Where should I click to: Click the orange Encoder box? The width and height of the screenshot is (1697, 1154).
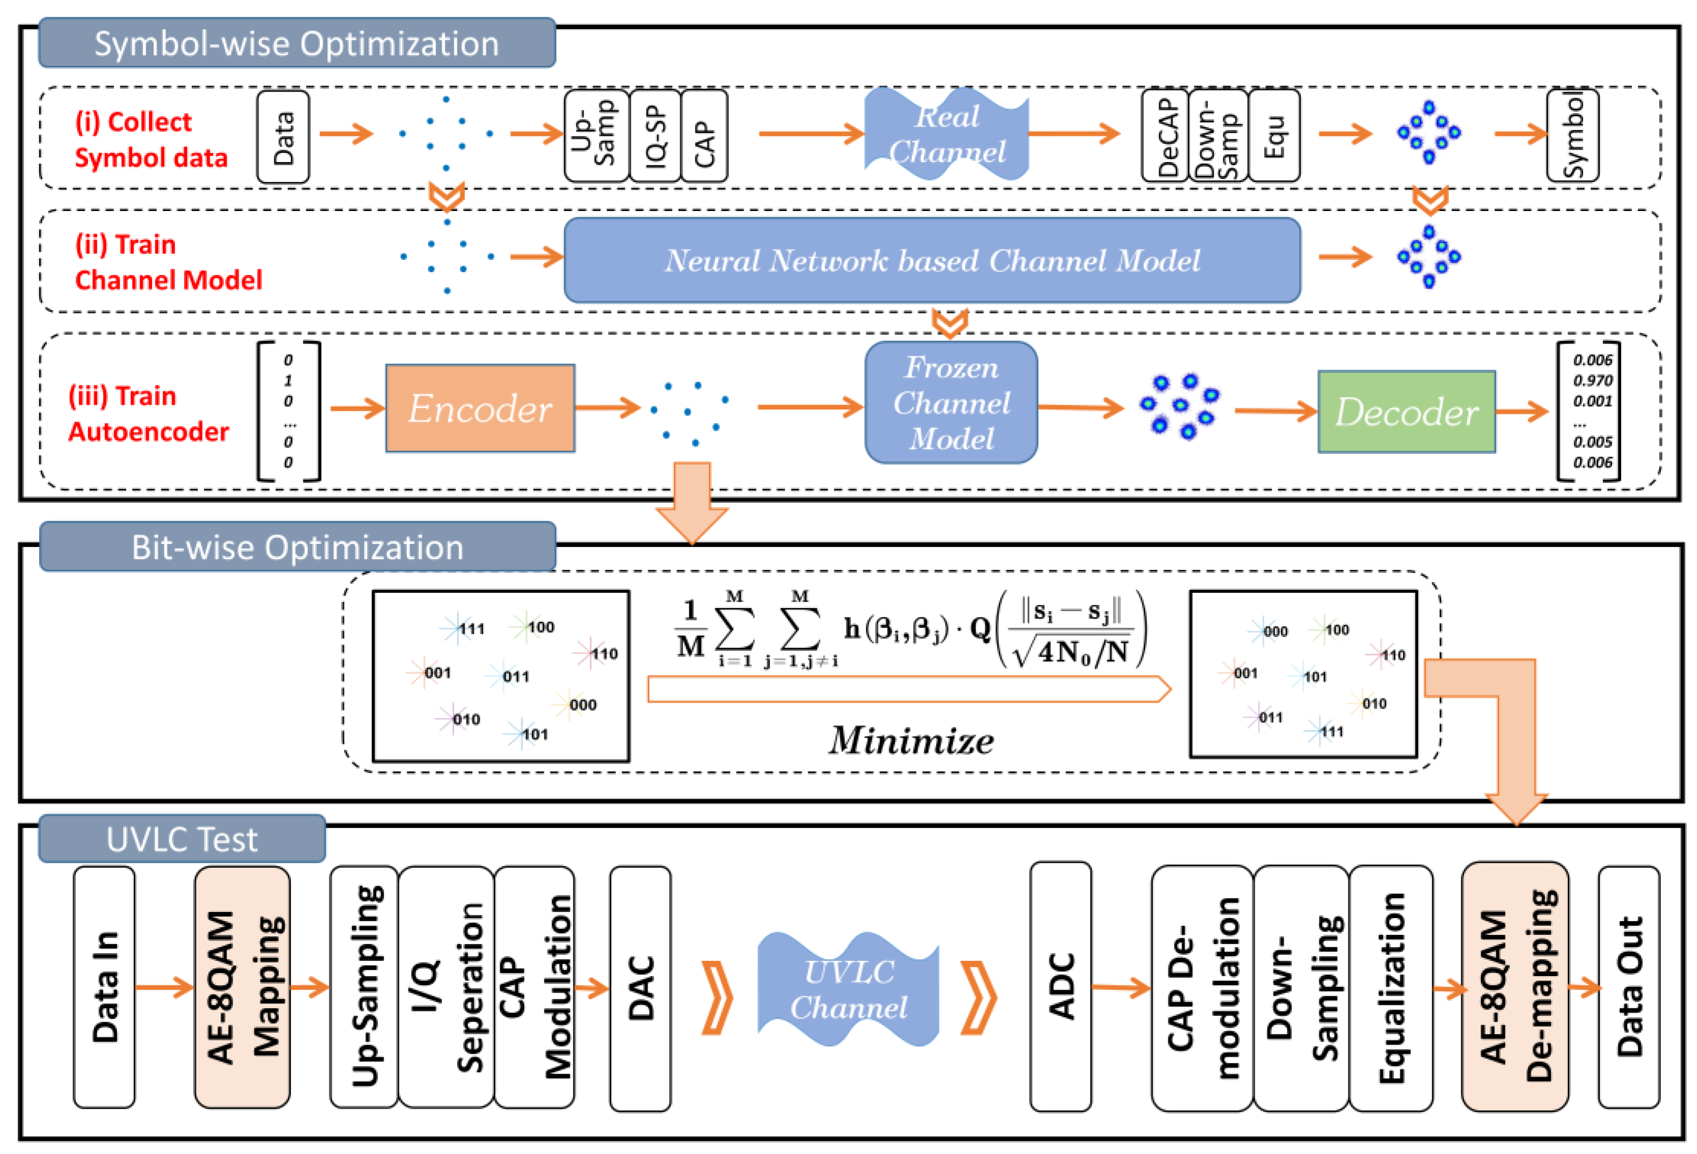click(480, 408)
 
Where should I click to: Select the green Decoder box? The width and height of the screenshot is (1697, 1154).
click(1406, 412)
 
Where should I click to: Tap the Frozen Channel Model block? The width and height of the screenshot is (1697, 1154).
click(951, 403)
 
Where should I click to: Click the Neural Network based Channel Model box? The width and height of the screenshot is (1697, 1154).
click(932, 260)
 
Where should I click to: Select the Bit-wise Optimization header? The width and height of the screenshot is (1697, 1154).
click(297, 547)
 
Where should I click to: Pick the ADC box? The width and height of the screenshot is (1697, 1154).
click(1060, 986)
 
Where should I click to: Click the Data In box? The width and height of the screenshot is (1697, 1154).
click(104, 987)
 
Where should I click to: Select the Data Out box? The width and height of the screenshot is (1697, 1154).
click(1628, 987)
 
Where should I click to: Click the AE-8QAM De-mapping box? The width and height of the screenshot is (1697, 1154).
click(1514, 986)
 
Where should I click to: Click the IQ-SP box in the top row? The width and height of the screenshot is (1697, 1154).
click(655, 136)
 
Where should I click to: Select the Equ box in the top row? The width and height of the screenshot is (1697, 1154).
click(1274, 136)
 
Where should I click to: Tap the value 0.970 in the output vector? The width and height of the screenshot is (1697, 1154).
click(1593, 381)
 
